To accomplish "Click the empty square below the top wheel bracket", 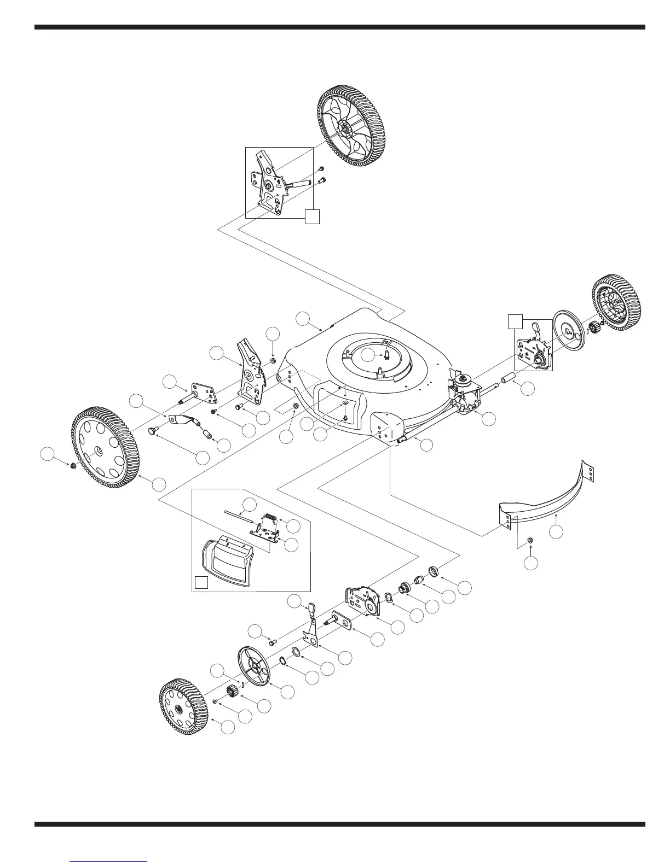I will click(x=312, y=216).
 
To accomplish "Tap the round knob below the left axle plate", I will click(x=151, y=431).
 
